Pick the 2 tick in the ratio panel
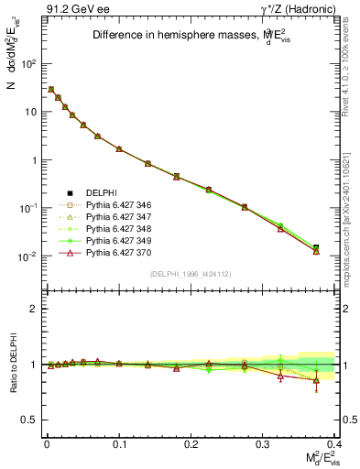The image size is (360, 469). click(36, 309)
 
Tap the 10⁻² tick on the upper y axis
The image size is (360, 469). click(30, 256)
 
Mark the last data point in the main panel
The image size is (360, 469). click(316, 248)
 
